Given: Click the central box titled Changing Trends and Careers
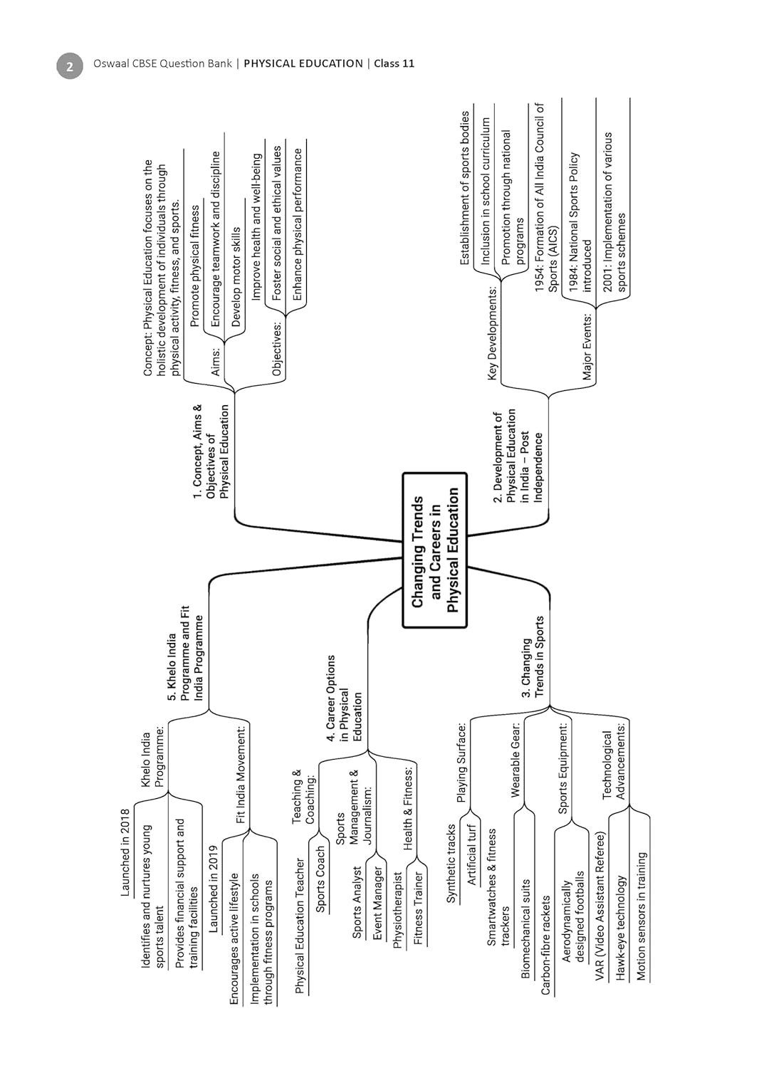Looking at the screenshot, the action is coord(435,550).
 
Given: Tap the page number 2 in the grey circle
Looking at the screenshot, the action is coord(70,66).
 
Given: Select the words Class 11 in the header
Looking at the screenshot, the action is coord(394,63).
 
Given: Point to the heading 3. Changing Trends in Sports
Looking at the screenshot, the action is coord(533,657).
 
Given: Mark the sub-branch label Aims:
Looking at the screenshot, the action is coord(216,362).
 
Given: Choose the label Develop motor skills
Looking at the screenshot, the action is coord(236,277).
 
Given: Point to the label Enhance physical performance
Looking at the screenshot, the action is coord(297,224).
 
